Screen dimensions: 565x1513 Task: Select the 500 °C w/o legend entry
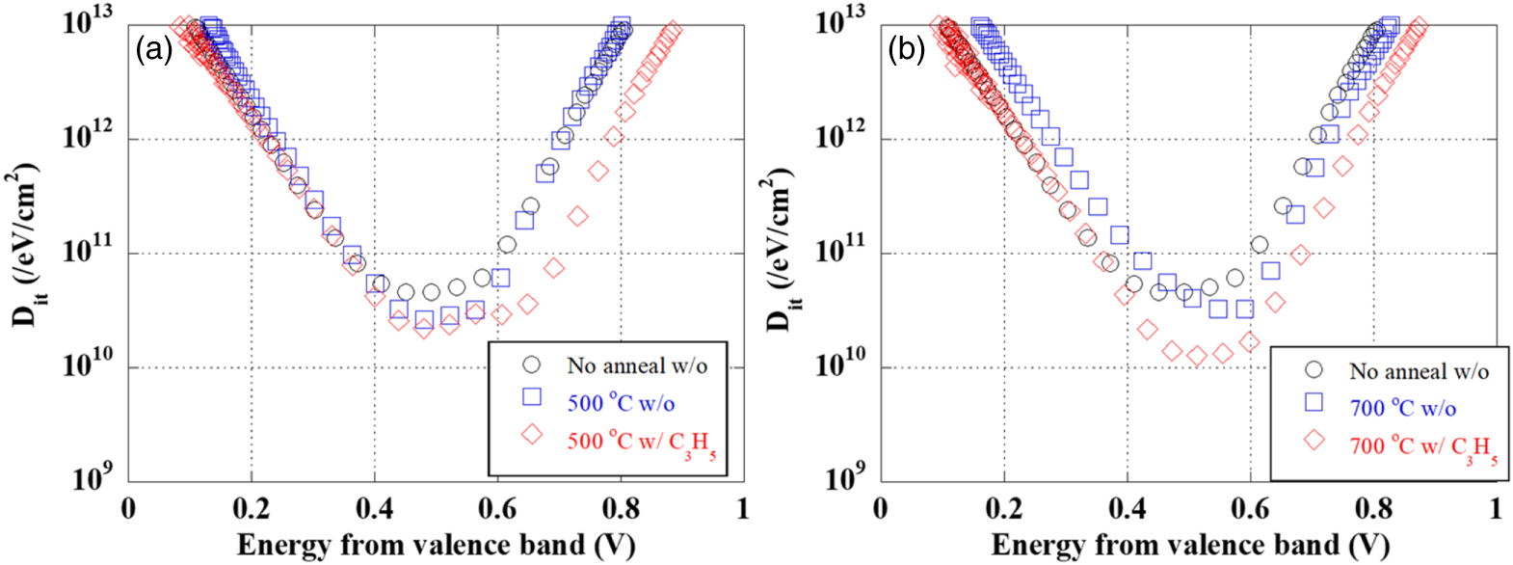tap(621, 403)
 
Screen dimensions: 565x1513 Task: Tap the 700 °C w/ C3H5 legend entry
tap(1422, 447)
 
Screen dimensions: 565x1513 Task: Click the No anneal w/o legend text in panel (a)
tap(637, 365)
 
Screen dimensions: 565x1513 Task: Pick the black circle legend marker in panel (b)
tap(1314, 370)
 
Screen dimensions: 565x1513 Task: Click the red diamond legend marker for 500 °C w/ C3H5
tap(531, 435)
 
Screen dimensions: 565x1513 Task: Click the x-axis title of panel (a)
tap(436, 545)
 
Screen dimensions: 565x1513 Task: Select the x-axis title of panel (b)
tap(1189, 545)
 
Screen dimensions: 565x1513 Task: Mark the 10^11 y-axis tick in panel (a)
tap(88, 253)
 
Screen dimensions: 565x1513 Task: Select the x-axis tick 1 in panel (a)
tap(742, 508)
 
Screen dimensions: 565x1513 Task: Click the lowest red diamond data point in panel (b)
tap(1197, 356)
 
